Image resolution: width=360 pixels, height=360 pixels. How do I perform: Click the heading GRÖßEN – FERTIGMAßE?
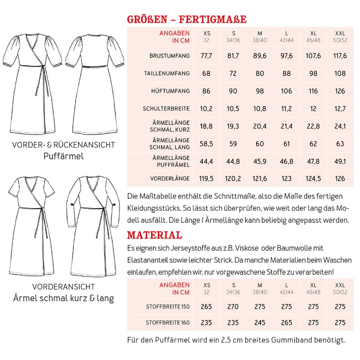tap(187, 20)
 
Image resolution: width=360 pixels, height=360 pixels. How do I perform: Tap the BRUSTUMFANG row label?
tap(170, 56)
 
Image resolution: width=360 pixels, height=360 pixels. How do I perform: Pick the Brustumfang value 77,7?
tap(206, 56)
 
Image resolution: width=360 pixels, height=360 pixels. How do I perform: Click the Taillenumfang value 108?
tap(340, 73)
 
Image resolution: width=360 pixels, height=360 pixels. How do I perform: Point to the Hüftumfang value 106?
tap(287, 91)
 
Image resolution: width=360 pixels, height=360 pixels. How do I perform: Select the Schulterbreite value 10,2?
tap(206, 108)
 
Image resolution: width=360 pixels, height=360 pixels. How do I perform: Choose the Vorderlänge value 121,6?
tap(260, 179)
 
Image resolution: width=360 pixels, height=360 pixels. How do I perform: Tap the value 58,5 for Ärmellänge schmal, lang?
tap(206, 144)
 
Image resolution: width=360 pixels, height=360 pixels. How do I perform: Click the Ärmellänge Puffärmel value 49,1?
tap(340, 162)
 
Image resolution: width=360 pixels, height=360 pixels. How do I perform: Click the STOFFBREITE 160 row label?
tap(168, 323)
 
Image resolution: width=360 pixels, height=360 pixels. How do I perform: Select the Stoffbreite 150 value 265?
tap(207, 307)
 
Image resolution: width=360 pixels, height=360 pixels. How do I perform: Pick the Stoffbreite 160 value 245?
tap(260, 323)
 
